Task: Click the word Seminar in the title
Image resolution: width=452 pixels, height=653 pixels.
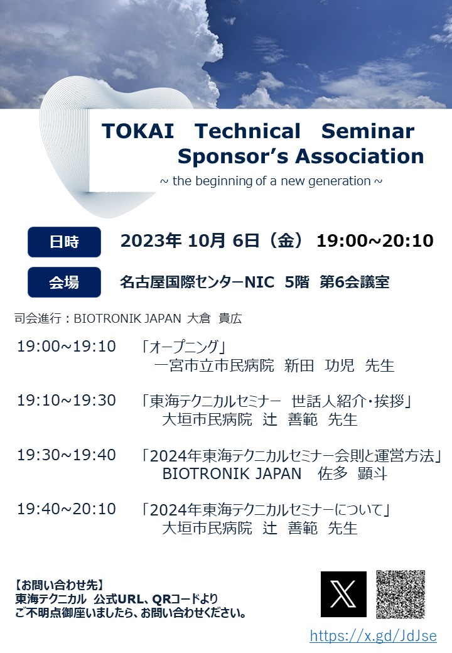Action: (x=367, y=131)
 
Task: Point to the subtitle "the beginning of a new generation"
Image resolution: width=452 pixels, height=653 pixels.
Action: (x=271, y=181)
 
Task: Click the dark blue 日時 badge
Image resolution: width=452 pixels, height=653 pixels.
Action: (x=64, y=242)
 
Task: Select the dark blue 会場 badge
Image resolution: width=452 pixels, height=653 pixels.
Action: (x=64, y=282)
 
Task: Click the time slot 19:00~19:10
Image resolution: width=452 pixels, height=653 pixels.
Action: (x=67, y=347)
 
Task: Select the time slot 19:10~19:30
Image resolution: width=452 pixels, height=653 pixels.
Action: (x=67, y=401)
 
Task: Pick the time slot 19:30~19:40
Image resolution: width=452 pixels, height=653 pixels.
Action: (x=67, y=455)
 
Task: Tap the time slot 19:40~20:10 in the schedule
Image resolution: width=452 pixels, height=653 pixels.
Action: (x=67, y=509)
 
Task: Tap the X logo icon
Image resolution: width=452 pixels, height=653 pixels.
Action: (x=343, y=594)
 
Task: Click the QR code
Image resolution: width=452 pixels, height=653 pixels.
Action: (x=401, y=594)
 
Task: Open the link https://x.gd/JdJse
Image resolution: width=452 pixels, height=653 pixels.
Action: (x=373, y=635)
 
